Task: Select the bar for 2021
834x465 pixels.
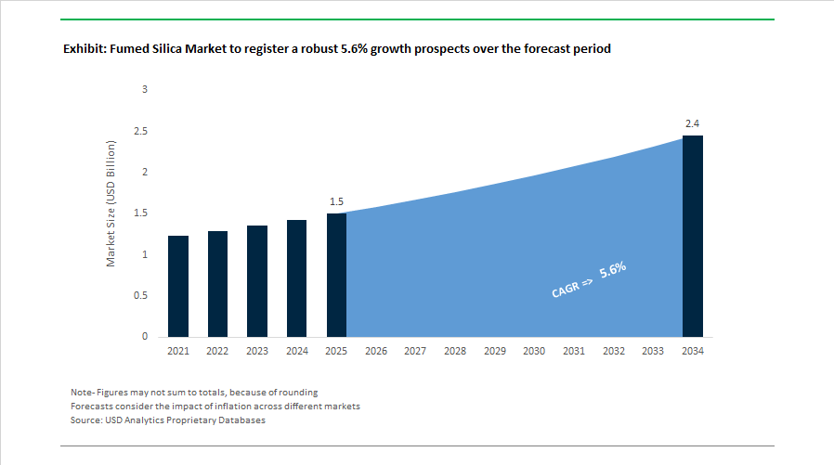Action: tap(177, 286)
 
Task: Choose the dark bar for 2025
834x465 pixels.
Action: tap(336, 275)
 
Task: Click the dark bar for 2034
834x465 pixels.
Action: tap(693, 236)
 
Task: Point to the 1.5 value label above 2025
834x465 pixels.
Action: tap(336, 200)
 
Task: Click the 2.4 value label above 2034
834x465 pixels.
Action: tap(693, 123)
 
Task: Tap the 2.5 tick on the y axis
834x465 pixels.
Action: tap(140, 131)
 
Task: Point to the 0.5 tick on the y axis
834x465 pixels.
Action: tap(140, 295)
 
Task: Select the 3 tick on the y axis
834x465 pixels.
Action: tap(144, 89)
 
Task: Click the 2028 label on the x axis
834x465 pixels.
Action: tap(455, 351)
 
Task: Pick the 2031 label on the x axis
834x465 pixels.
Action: tap(574, 351)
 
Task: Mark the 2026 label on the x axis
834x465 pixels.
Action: tap(376, 351)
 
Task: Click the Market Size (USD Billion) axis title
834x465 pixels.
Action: tap(111, 204)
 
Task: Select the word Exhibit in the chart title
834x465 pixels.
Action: tap(85, 48)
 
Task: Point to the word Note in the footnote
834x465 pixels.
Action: tap(82, 392)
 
